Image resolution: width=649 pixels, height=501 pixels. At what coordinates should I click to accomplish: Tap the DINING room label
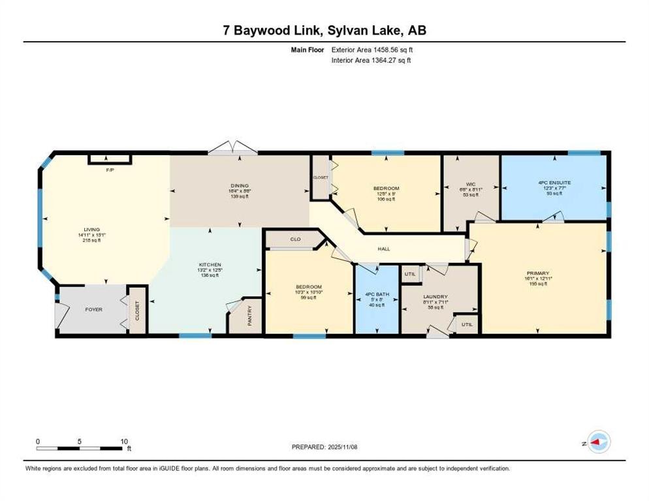pyautogui.click(x=240, y=185)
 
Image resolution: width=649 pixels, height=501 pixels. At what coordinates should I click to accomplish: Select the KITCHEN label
pyautogui.click(x=210, y=265)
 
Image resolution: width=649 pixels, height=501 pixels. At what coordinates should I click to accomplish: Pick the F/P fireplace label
pyautogui.click(x=110, y=170)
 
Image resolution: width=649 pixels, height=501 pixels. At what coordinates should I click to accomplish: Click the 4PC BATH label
pyautogui.click(x=377, y=295)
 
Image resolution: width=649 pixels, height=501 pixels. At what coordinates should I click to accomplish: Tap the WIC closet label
pyautogui.click(x=470, y=183)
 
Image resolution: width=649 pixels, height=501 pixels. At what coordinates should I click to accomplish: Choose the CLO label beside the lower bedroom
pyautogui.click(x=294, y=239)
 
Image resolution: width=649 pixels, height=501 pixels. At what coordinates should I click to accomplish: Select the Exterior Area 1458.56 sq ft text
pyautogui.click(x=372, y=49)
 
